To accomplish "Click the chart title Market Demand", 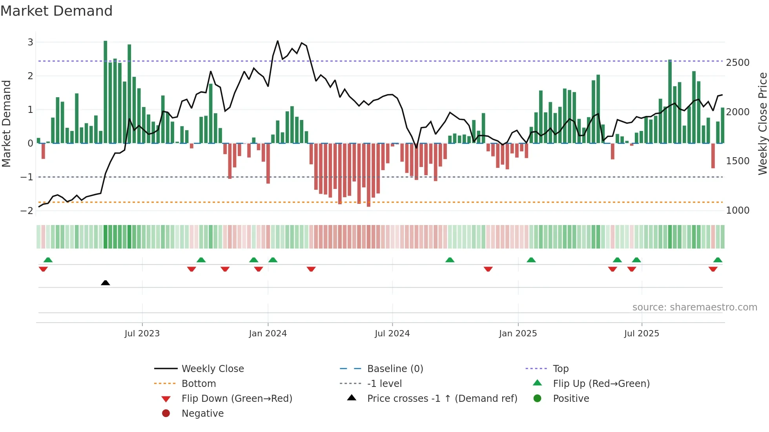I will pyautogui.click(x=56, y=11).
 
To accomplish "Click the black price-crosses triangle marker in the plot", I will pyautogui.click(x=105, y=283).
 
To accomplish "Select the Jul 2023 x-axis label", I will pyautogui.click(x=142, y=334).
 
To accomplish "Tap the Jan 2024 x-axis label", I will pyautogui.click(x=268, y=334).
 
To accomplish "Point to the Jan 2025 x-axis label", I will pyautogui.click(x=518, y=334).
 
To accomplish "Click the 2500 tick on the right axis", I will pyautogui.click(x=738, y=63).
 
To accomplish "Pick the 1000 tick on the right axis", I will pyautogui.click(x=738, y=211).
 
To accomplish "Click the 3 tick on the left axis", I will pyautogui.click(x=30, y=42).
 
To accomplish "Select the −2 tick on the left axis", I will pyautogui.click(x=27, y=211).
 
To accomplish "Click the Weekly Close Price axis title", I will pyautogui.click(x=762, y=123).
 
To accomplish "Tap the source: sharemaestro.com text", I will pyautogui.click(x=694, y=307).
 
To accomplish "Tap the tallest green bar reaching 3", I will pyautogui.click(x=106, y=92).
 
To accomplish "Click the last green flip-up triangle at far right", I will pyautogui.click(x=718, y=260).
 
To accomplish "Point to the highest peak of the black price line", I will pyautogui.click(x=277, y=41).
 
